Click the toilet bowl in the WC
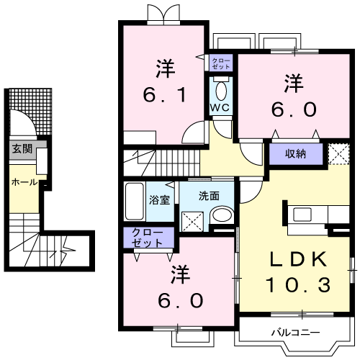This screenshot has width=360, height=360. click(x=220, y=91)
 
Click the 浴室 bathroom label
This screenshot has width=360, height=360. click(x=160, y=199)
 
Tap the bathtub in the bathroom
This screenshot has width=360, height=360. click(x=135, y=201)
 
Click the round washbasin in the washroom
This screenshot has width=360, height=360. click(x=222, y=215)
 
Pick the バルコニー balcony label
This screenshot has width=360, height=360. click(x=290, y=333)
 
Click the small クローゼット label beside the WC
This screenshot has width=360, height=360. click(x=221, y=63)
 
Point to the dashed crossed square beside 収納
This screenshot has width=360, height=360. click(x=336, y=153)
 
